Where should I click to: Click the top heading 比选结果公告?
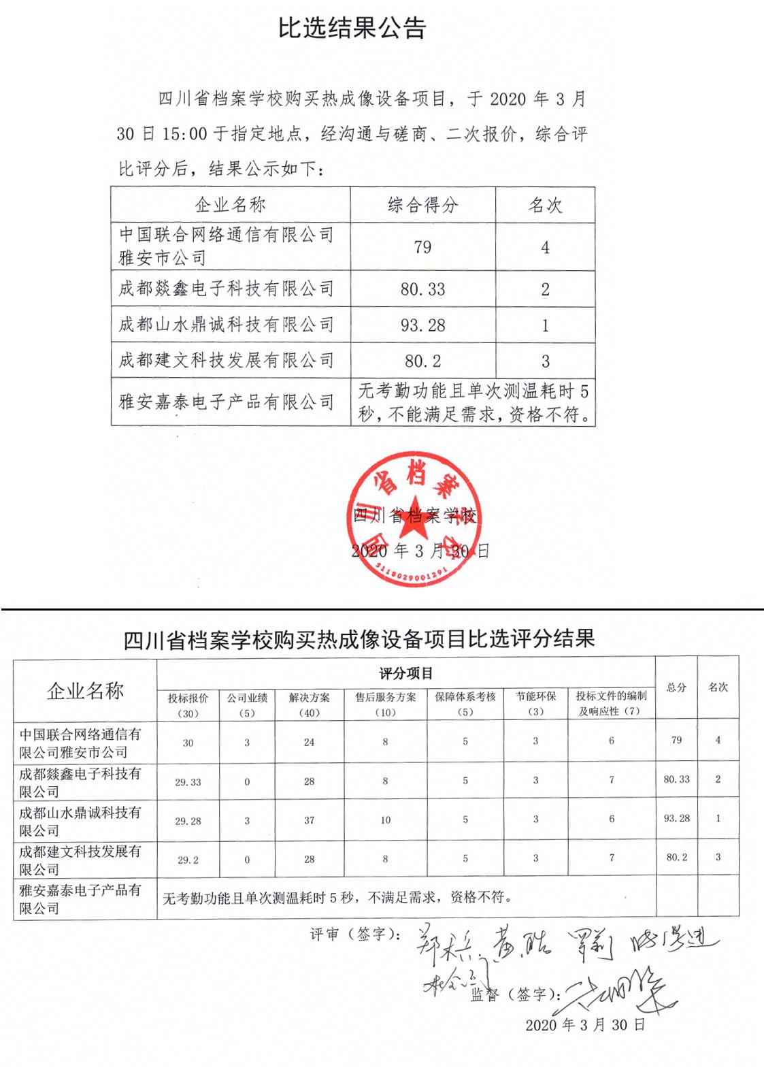point(352,28)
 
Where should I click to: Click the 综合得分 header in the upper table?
point(422,205)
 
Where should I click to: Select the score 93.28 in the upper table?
point(422,325)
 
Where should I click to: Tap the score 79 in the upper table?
point(422,247)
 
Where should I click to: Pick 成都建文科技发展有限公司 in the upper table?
point(227,360)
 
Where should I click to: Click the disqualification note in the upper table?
point(473,402)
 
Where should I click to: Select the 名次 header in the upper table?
point(545,205)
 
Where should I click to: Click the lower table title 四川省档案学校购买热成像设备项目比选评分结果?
point(359,638)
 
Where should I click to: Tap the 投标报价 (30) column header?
point(188,704)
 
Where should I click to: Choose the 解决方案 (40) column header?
point(309,704)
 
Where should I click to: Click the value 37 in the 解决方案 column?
point(309,820)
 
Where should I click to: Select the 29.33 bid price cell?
point(188,782)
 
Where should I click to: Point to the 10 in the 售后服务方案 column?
point(385,820)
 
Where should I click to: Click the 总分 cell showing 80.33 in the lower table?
point(676,779)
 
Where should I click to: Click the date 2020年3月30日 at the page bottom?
point(584,1025)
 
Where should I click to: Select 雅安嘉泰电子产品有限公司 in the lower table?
point(80,898)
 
